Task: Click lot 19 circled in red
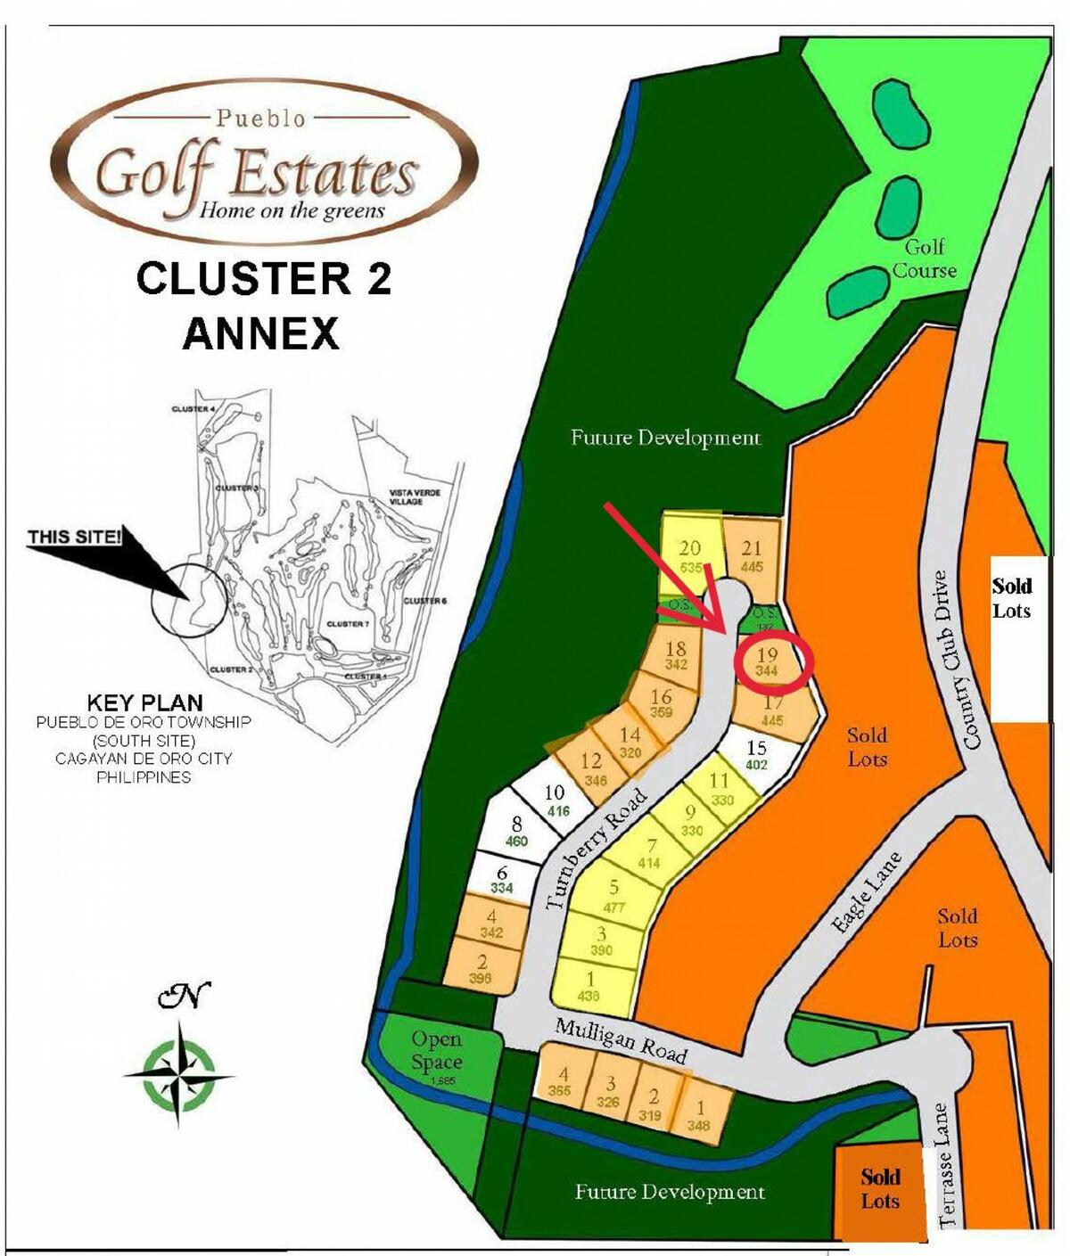768,662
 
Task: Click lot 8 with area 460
516,831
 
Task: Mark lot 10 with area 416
556,800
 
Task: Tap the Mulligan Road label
621,1040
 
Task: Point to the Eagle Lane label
866,893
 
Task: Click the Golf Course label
924,259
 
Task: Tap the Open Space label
436,1051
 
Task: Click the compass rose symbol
179,1073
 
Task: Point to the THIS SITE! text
74,537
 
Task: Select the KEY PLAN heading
144,702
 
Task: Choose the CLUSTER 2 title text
264,278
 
